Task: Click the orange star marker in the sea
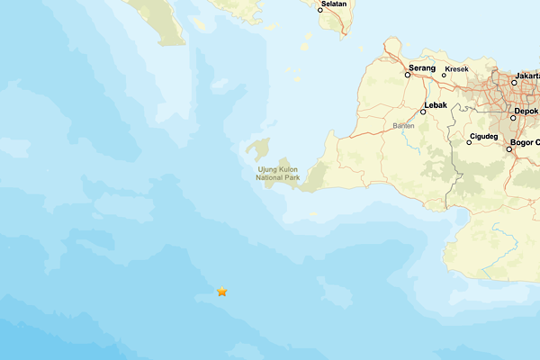pyautogui.click(x=222, y=292)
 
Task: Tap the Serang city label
pyautogui.click(x=422, y=67)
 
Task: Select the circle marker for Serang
pyautogui.click(x=408, y=76)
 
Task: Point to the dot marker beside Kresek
pyautogui.click(x=444, y=75)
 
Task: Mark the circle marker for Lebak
pyautogui.click(x=423, y=112)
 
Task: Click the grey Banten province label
pyautogui.click(x=403, y=125)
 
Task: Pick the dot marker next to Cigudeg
pyautogui.click(x=469, y=142)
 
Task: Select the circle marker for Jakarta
pyautogui.click(x=515, y=83)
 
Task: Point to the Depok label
pyautogui.click(x=526, y=112)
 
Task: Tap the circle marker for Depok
pyautogui.click(x=513, y=118)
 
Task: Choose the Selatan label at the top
pyautogui.click(x=334, y=4)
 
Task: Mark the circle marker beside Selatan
pyautogui.click(x=319, y=10)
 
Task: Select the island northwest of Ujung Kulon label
pyautogui.click(x=259, y=148)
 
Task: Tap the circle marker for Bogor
pyautogui.click(x=508, y=148)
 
